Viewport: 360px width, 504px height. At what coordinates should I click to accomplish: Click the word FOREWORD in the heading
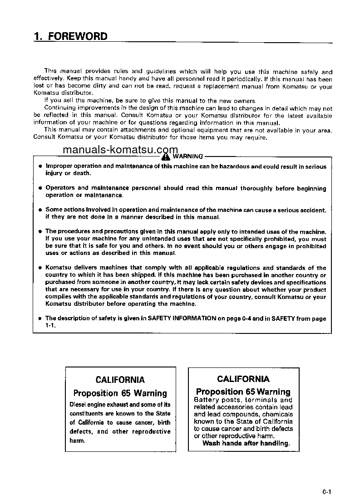click(78, 36)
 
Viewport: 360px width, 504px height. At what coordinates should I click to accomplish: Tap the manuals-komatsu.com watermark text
click(120, 150)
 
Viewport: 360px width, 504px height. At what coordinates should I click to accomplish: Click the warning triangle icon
click(165, 157)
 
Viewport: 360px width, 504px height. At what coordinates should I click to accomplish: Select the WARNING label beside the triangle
click(188, 157)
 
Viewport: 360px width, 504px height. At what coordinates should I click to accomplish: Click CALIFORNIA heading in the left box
click(120, 380)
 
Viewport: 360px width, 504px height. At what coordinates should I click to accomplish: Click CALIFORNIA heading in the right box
click(243, 379)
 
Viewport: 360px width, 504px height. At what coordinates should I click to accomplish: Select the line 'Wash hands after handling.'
click(246, 443)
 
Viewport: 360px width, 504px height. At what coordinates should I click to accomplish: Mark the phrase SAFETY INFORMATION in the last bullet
click(182, 318)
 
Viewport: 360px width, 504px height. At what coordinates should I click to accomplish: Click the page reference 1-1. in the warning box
click(50, 326)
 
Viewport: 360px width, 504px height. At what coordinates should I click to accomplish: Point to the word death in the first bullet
click(82, 173)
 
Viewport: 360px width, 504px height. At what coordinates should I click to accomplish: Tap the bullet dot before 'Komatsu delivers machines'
click(40, 268)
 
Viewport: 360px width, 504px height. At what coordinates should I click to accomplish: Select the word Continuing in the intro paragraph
click(59, 108)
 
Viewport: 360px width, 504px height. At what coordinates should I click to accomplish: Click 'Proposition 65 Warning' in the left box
click(120, 393)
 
